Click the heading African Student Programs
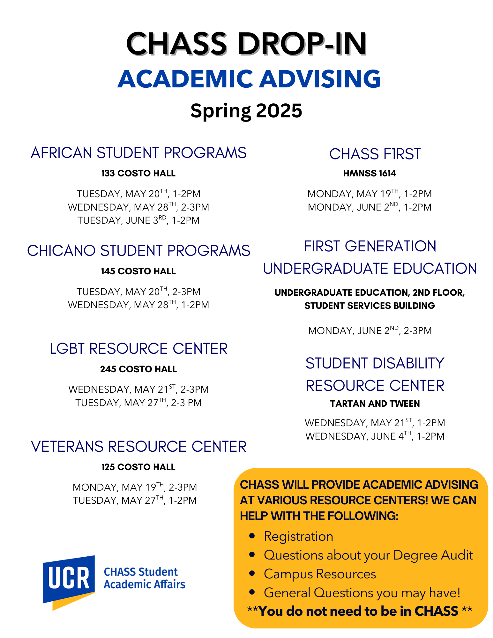click(138, 153)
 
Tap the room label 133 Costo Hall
click(138, 173)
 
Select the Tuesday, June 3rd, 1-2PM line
click(138, 220)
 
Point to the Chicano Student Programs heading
click(138, 251)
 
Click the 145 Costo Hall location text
click(138, 271)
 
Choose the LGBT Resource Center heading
click(138, 349)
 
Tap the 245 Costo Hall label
click(138, 369)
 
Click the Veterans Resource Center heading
click(138, 447)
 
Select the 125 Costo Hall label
click(138, 467)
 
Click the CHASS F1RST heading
click(375, 154)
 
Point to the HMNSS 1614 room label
click(370, 173)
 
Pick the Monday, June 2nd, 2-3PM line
click(370, 330)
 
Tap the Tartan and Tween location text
click(375, 404)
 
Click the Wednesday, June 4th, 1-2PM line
click(375, 436)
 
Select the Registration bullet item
click(298, 536)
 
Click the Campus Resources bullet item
click(320, 574)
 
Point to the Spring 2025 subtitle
click(246, 111)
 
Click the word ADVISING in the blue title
click(320, 79)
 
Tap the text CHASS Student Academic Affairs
click(144, 578)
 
